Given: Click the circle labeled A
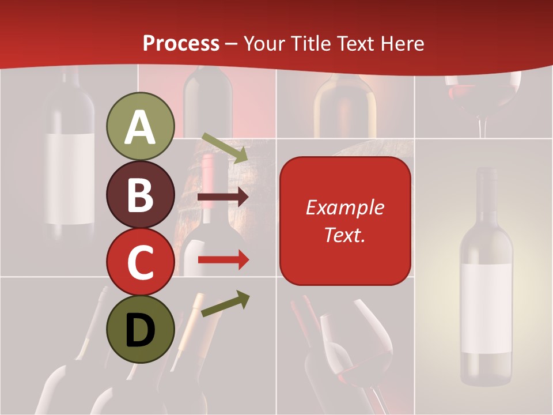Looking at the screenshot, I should pos(140,127).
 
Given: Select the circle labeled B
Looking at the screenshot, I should pos(140,194).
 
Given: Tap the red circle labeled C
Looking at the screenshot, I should pos(140,262).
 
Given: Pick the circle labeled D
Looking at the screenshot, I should pos(140,329).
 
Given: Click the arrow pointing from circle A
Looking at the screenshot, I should pos(225,148).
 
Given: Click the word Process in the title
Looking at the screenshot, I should pos(181,43).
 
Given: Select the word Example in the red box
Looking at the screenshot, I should pos(344,207).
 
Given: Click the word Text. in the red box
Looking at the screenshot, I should pos(344,235).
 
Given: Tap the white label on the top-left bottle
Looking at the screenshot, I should pos(70,179).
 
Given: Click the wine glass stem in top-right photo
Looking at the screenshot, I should pos(483,126).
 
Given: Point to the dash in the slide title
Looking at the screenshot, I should pos(232,43).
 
